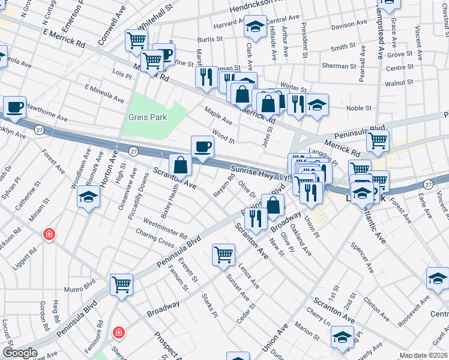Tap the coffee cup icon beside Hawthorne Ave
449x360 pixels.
coord(15,107)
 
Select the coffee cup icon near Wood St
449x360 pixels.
coord(202,146)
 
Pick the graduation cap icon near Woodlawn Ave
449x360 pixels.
coord(88,196)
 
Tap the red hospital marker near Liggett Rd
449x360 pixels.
coord(49,234)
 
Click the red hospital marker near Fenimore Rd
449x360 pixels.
coord(119,331)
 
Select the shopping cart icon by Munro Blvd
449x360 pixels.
coord(121,283)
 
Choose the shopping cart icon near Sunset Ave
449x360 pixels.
coord(223,254)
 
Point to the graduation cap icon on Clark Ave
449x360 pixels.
coord(255,26)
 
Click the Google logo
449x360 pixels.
coord(20,353)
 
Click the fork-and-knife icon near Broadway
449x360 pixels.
coord(256,218)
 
